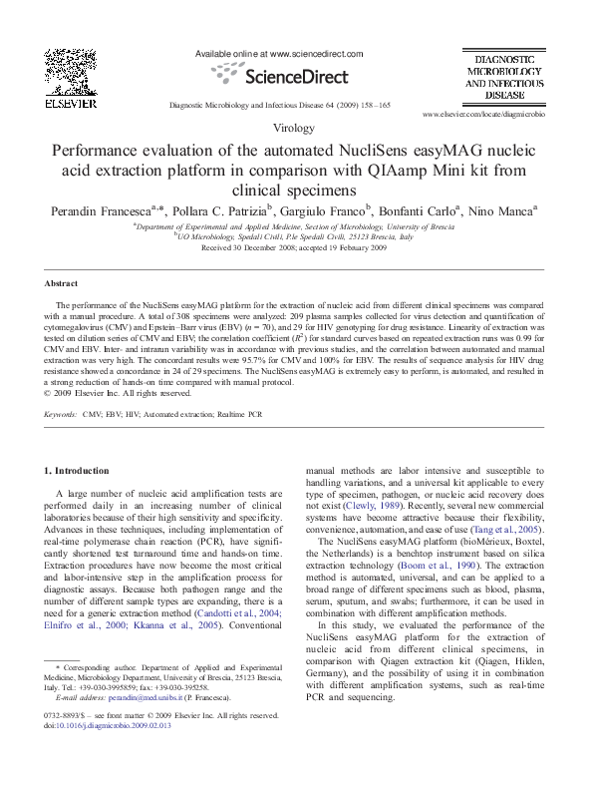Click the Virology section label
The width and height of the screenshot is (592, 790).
(x=295, y=130)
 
